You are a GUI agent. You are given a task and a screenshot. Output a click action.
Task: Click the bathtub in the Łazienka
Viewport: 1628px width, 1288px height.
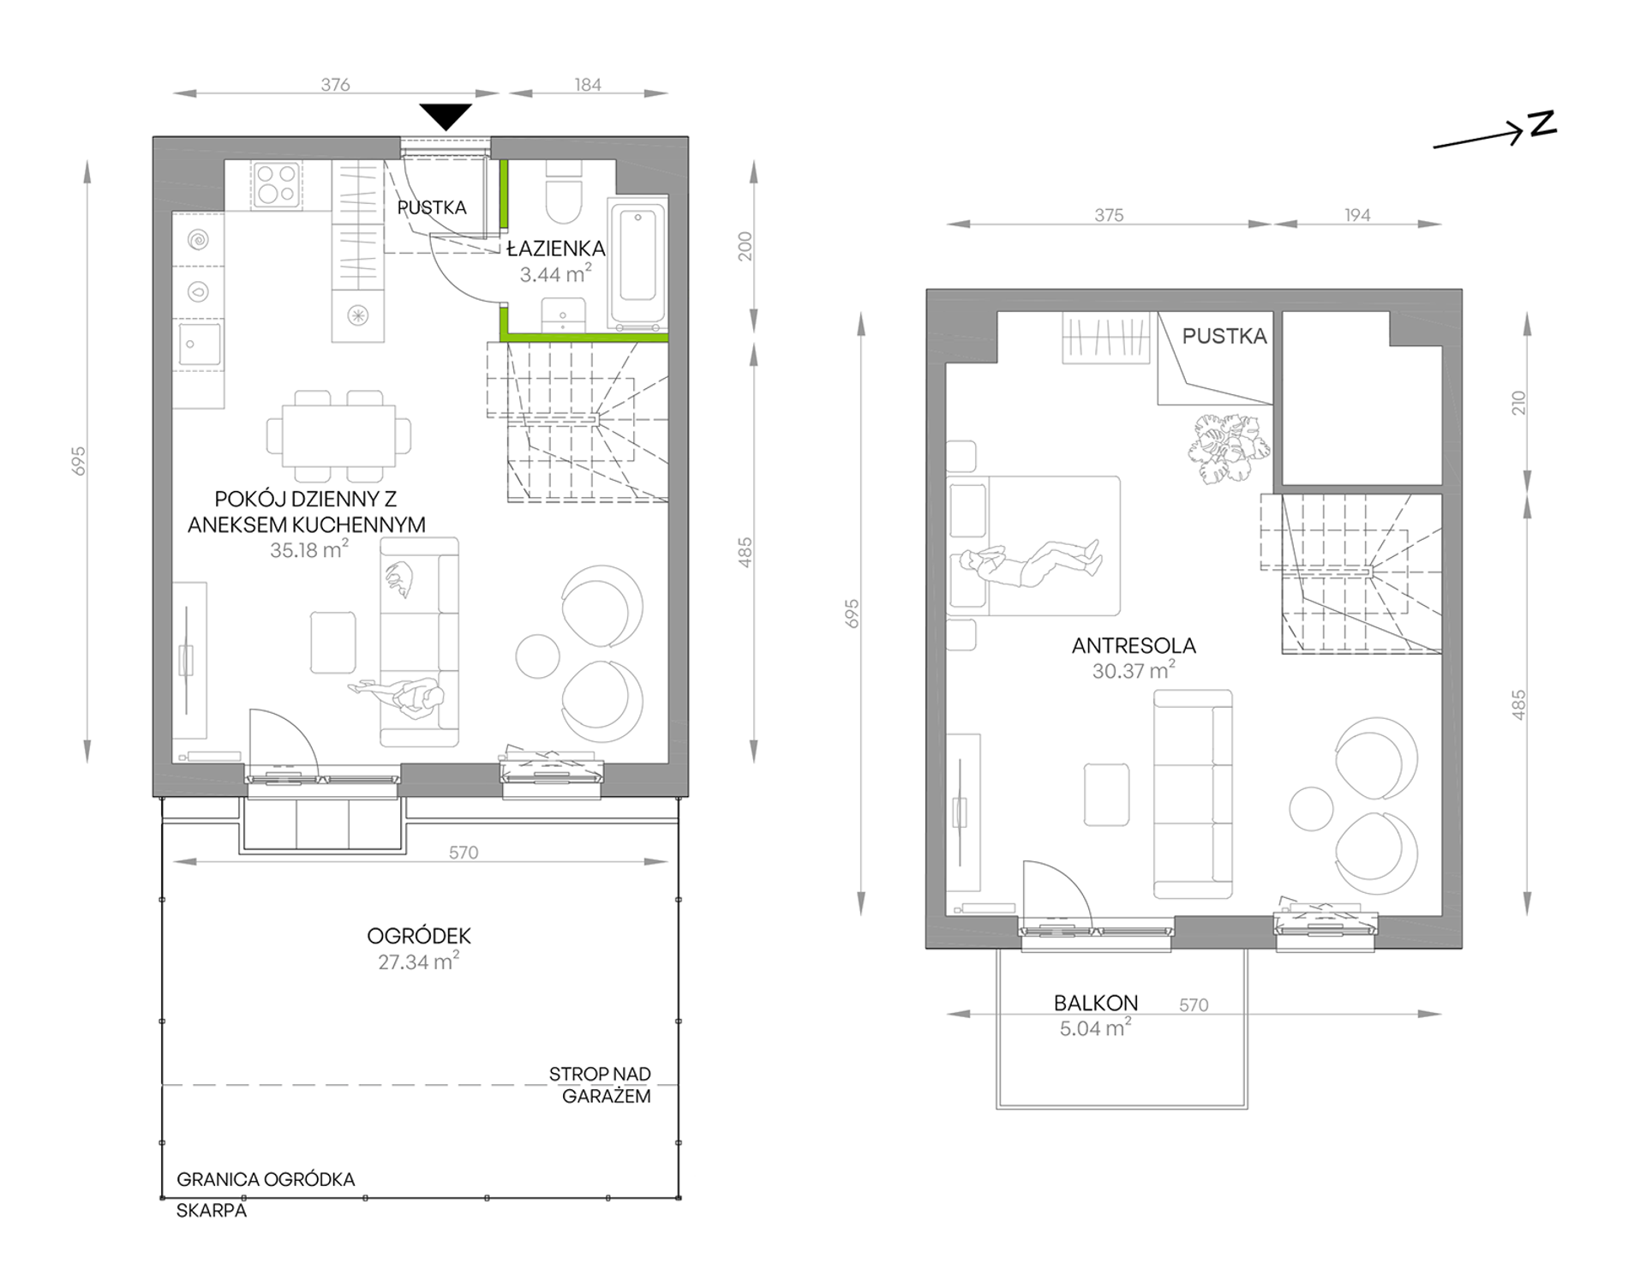[x=637, y=263]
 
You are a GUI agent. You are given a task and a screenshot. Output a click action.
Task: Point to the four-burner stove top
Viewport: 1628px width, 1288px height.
[x=277, y=185]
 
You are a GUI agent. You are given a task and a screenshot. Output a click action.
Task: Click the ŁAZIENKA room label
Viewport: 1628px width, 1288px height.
[x=555, y=249]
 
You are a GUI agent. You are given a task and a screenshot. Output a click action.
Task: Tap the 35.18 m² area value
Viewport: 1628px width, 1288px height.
[x=308, y=549]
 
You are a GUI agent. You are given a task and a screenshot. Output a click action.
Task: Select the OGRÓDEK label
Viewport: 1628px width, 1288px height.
[x=419, y=936]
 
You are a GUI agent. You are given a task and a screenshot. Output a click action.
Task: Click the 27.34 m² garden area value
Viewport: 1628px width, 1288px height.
[x=418, y=961]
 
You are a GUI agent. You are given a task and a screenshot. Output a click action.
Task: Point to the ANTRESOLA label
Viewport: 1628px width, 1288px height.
[x=1134, y=645]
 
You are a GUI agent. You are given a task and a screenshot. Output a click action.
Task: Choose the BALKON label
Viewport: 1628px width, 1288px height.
[x=1096, y=1003]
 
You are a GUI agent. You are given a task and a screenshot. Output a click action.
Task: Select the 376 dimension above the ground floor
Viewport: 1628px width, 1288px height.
[x=335, y=84]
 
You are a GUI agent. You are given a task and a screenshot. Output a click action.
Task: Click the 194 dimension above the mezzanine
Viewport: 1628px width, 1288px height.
[x=1357, y=215]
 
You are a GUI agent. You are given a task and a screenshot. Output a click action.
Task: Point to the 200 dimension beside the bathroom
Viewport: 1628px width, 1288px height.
[x=745, y=246]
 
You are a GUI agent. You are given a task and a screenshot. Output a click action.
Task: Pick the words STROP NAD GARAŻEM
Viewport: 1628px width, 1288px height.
[x=600, y=1085]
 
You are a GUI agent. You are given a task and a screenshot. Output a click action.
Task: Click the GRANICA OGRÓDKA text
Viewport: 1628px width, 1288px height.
[x=266, y=1179]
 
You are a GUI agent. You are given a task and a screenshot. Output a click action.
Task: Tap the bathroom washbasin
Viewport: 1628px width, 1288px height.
[x=563, y=315]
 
